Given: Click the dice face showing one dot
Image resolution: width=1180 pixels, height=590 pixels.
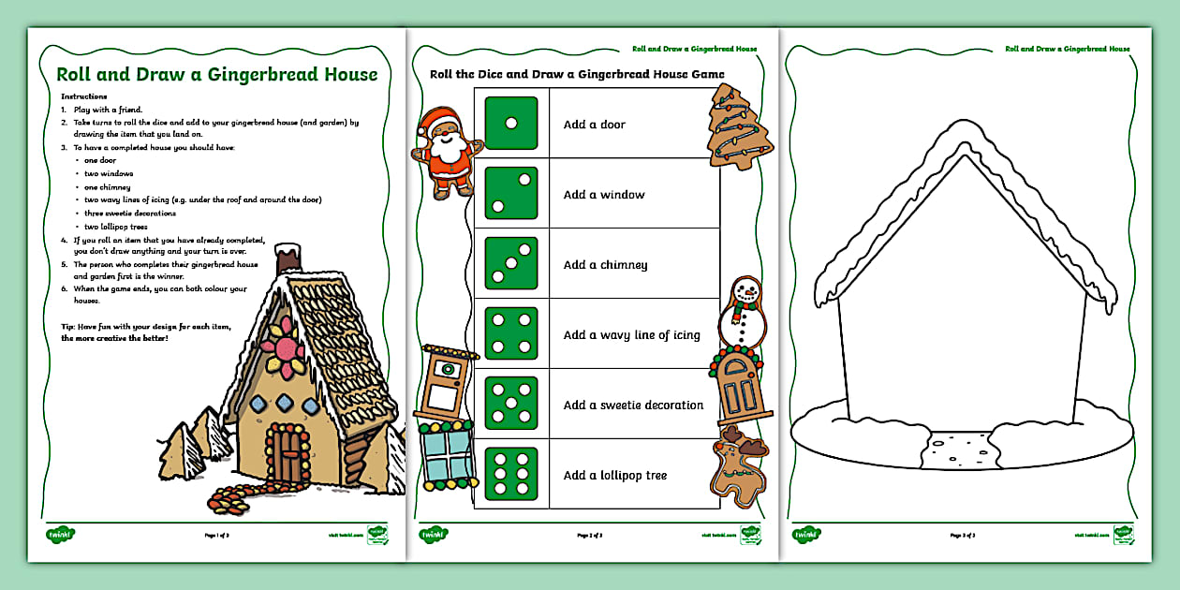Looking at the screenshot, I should pyautogui.click(x=510, y=124).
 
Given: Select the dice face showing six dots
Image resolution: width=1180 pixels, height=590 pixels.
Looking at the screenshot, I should pyautogui.click(x=510, y=475).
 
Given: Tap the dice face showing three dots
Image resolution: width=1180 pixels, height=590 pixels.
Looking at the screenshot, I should pyautogui.click(x=510, y=264).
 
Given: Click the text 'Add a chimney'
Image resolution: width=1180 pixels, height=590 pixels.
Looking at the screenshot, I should pyautogui.click(x=605, y=265).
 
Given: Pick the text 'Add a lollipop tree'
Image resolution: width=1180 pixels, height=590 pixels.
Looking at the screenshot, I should pyautogui.click(x=614, y=476).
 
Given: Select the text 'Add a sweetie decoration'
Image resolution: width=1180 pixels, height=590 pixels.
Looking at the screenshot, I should pyautogui.click(x=633, y=406).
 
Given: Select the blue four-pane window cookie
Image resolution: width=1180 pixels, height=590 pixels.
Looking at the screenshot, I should pyautogui.click(x=447, y=455).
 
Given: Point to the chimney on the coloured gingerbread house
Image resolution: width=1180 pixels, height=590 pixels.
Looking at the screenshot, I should pyautogui.click(x=288, y=261).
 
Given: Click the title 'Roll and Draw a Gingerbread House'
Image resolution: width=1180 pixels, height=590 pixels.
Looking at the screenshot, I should pyautogui.click(x=217, y=75).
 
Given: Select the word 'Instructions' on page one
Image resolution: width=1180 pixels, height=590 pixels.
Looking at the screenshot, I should pyautogui.click(x=84, y=96).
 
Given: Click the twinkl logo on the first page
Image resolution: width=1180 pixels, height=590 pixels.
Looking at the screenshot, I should pyautogui.click(x=61, y=535).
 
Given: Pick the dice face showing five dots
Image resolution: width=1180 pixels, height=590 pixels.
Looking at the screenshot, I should pyautogui.click(x=510, y=405).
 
